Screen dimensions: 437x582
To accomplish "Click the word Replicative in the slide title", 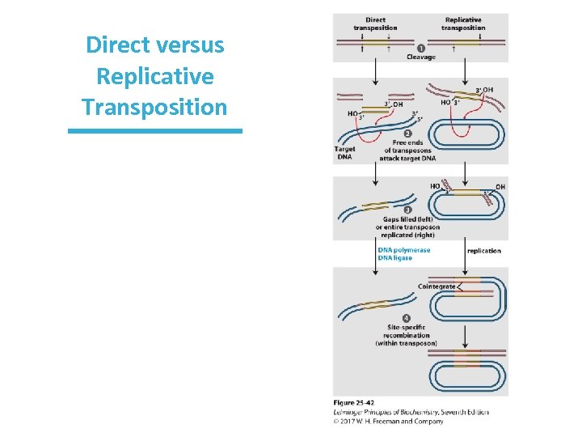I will [155, 76].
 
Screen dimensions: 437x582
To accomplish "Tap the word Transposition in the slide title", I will [155, 107].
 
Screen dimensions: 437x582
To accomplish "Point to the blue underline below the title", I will [155, 130].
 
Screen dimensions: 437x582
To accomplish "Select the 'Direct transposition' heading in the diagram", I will [375, 23].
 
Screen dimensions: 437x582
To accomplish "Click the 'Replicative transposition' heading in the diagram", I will [463, 23].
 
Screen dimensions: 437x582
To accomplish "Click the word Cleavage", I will [420, 57].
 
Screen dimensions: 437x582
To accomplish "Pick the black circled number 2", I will [407, 133].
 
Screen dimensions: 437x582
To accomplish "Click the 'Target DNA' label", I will [344, 153].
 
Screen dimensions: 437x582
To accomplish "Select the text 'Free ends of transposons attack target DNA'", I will [407, 151].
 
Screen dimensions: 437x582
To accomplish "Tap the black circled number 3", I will [407, 209].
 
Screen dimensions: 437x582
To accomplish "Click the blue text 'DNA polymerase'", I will [404, 250].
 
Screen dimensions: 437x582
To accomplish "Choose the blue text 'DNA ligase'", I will [395, 258].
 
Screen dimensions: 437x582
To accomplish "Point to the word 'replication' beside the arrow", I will [484, 251].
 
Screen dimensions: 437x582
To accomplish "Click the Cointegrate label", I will [436, 286].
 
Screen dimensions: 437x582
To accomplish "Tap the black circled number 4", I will [406, 317].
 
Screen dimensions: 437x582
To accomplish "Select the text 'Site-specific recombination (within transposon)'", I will [406, 335].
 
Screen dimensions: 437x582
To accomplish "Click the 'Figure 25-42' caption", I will [354, 403].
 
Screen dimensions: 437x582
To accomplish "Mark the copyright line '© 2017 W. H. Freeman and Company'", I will [389, 421].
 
